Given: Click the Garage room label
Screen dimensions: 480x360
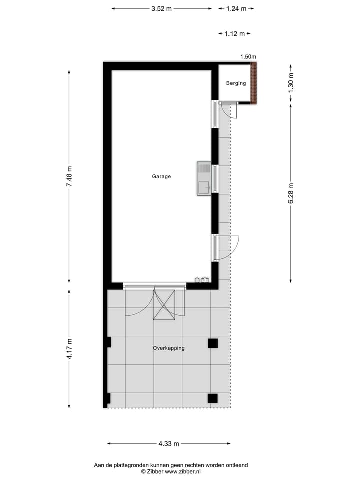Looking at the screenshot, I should point(161,176).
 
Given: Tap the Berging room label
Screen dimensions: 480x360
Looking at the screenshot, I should point(236,83).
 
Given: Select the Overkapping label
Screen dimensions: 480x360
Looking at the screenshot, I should point(169,348).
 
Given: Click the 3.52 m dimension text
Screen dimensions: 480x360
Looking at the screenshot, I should point(161,9).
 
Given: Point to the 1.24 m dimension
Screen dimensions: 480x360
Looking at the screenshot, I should point(236,9).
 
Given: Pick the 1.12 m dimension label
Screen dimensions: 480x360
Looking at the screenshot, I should point(234,34).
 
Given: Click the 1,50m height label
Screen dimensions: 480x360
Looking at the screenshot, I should point(248,57).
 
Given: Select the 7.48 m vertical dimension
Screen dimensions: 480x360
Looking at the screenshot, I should point(69,176).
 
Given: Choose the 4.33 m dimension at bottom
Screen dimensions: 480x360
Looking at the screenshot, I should point(169,443).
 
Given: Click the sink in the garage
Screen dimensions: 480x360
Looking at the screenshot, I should point(204,178).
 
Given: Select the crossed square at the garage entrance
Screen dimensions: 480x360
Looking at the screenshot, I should point(165,304).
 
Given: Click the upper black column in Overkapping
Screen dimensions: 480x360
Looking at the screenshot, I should point(213,343).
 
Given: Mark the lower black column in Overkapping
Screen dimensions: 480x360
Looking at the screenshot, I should point(213,398).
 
